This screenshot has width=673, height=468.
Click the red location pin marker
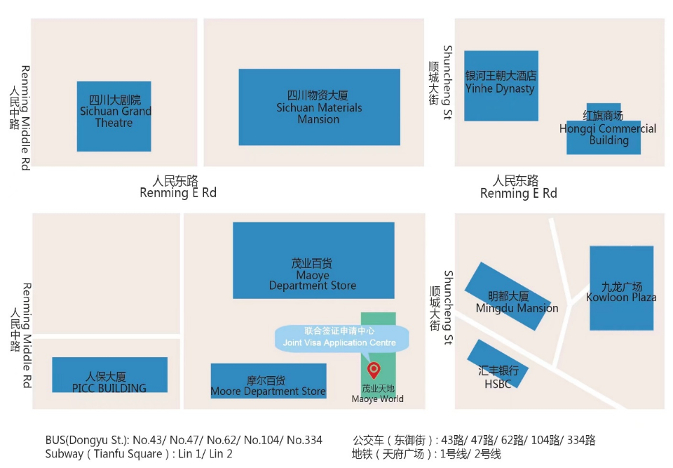coord(374,369)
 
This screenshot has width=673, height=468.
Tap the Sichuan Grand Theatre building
coord(114,116)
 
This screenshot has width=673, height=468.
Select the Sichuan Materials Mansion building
coord(319,107)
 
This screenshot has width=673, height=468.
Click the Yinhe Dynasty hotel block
coord(501,85)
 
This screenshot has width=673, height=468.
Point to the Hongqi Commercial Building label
coord(608,129)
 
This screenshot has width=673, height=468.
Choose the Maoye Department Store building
coord(313,260)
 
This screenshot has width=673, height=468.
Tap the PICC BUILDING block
coord(109,375)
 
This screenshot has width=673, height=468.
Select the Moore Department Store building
coord(268,381)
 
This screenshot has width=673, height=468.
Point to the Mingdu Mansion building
coord(512,295)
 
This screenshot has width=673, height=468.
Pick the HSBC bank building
coord(497,363)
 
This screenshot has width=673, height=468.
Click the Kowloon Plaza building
coord(621,288)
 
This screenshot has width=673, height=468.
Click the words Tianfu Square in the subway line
coord(129,454)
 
